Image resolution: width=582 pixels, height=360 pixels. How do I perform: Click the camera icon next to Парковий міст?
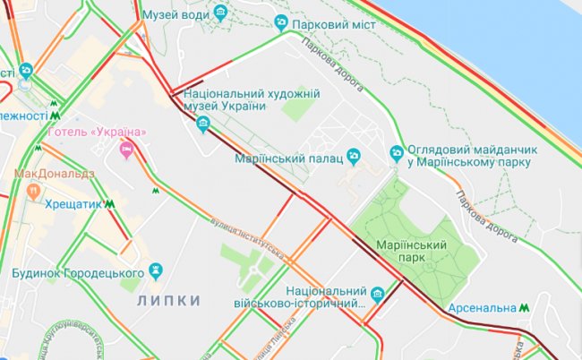point(281,22)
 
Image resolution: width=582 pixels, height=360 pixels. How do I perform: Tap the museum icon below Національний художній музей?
point(204,124)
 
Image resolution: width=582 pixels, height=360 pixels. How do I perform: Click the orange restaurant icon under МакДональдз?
point(33,190)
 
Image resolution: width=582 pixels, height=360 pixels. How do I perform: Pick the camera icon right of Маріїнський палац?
point(354,158)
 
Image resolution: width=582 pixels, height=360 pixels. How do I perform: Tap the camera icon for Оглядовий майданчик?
point(397,153)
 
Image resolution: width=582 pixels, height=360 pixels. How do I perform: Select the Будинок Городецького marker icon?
point(156,269)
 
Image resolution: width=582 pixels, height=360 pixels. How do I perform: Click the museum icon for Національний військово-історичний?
point(377,294)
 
